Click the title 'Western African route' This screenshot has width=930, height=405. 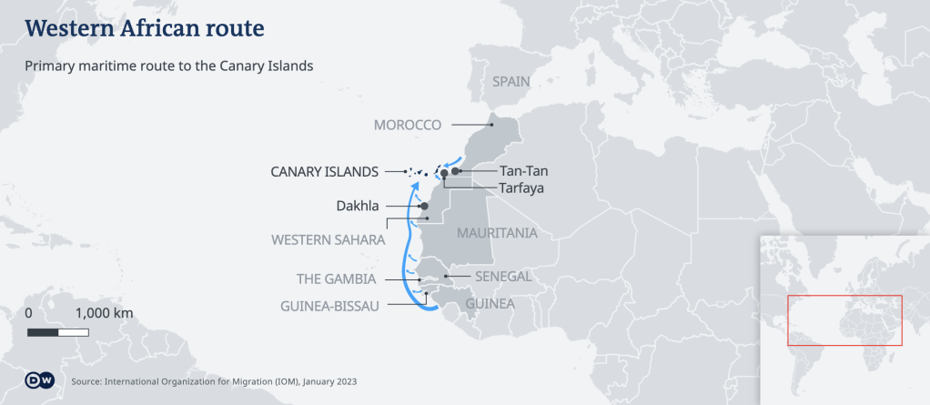(x=146, y=29)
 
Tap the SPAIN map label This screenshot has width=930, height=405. (x=510, y=81)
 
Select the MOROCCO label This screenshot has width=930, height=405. (x=407, y=125)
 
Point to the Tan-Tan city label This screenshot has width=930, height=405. (x=523, y=171)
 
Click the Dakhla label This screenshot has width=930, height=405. (x=358, y=207)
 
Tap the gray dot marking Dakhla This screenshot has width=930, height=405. (x=424, y=207)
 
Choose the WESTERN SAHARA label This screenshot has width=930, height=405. (x=328, y=240)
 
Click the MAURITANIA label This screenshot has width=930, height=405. (x=496, y=233)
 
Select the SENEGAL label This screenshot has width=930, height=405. (x=502, y=276)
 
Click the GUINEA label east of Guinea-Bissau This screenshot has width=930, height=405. (x=490, y=303)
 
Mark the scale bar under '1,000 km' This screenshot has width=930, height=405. (x=58, y=332)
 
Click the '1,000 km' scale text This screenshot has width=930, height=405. (x=104, y=313)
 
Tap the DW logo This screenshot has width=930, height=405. (x=39, y=380)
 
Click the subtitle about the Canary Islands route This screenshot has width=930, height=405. (x=169, y=66)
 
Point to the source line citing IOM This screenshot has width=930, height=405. (x=214, y=381)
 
